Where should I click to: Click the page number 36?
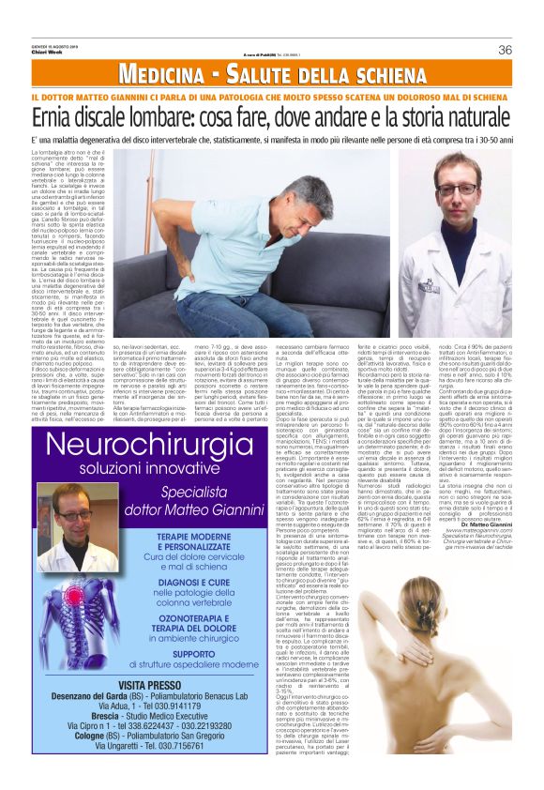tap(505, 50)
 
